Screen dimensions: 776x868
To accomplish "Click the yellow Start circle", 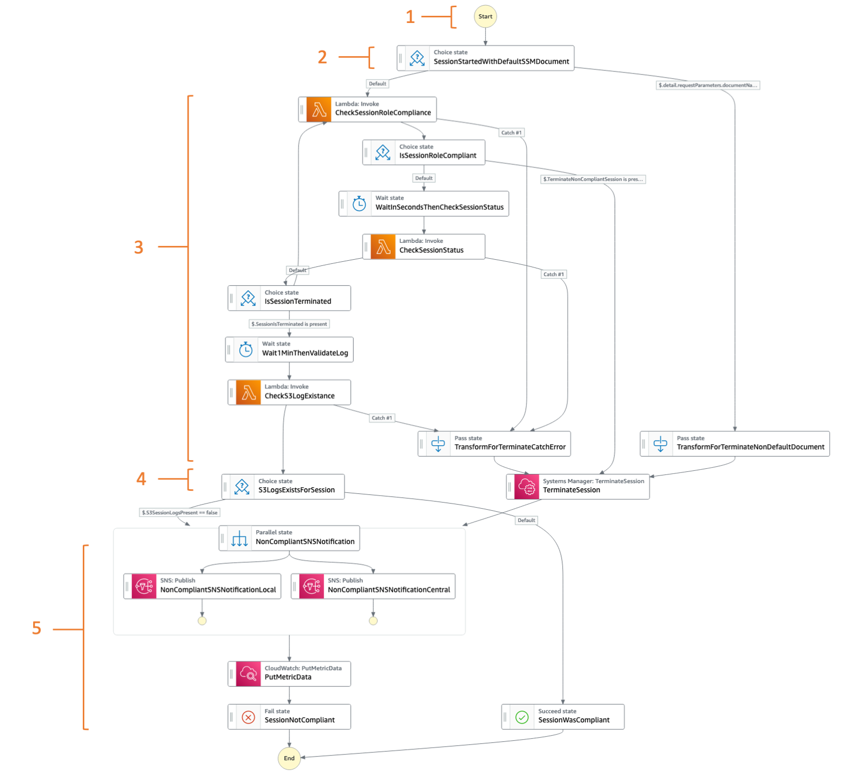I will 485,16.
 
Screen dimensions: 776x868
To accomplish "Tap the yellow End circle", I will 289,758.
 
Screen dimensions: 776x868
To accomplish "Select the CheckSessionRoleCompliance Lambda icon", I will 319,109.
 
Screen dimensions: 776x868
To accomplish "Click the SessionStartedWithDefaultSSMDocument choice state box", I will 486,58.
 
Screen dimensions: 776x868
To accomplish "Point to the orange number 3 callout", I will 139,247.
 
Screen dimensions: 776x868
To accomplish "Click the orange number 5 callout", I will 36,628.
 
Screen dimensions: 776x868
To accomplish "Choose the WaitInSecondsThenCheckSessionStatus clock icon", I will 359,203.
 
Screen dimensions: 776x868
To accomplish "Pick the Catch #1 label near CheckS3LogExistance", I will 382,418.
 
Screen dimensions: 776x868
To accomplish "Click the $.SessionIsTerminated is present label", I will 289,324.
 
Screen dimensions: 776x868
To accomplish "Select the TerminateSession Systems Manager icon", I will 527,487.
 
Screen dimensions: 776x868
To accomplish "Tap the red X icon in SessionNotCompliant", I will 248,717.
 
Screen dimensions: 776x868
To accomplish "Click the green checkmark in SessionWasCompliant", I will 522,717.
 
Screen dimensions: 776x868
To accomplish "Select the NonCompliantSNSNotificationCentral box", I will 373,586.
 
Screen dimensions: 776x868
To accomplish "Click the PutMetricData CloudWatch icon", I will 248,674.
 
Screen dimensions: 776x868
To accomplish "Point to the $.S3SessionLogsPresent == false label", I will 179,512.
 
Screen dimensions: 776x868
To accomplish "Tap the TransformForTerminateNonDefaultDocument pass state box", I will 735,444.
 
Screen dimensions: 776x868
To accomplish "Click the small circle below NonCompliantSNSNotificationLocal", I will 202,621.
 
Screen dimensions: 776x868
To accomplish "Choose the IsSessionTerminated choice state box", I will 289,298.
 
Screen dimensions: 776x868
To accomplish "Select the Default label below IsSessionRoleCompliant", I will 424,178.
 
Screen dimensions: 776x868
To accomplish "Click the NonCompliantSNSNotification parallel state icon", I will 239,539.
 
